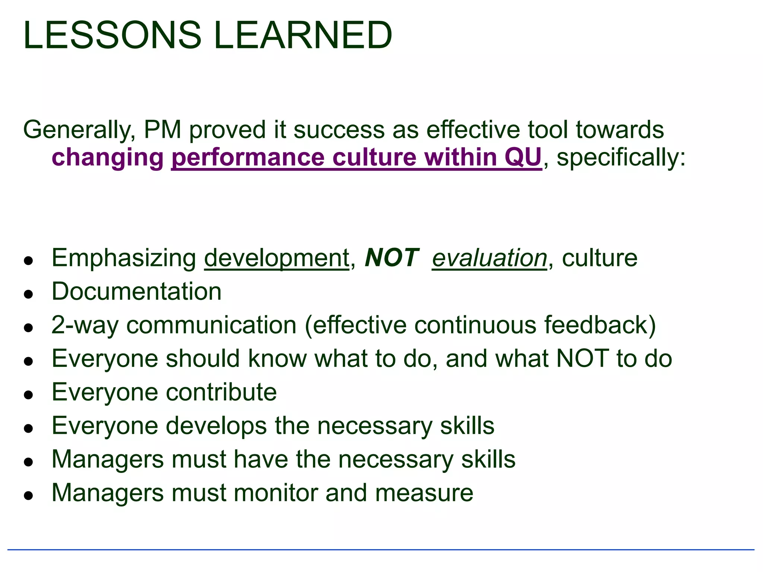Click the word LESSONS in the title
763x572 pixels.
pos(112,35)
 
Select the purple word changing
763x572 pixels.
pos(108,158)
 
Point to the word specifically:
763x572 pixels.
pos(621,158)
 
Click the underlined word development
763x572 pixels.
pos(276,258)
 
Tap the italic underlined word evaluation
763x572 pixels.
pos(489,258)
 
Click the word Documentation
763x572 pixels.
pos(136,291)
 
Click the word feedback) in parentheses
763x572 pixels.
pos(600,325)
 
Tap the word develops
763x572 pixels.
pos(216,426)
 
